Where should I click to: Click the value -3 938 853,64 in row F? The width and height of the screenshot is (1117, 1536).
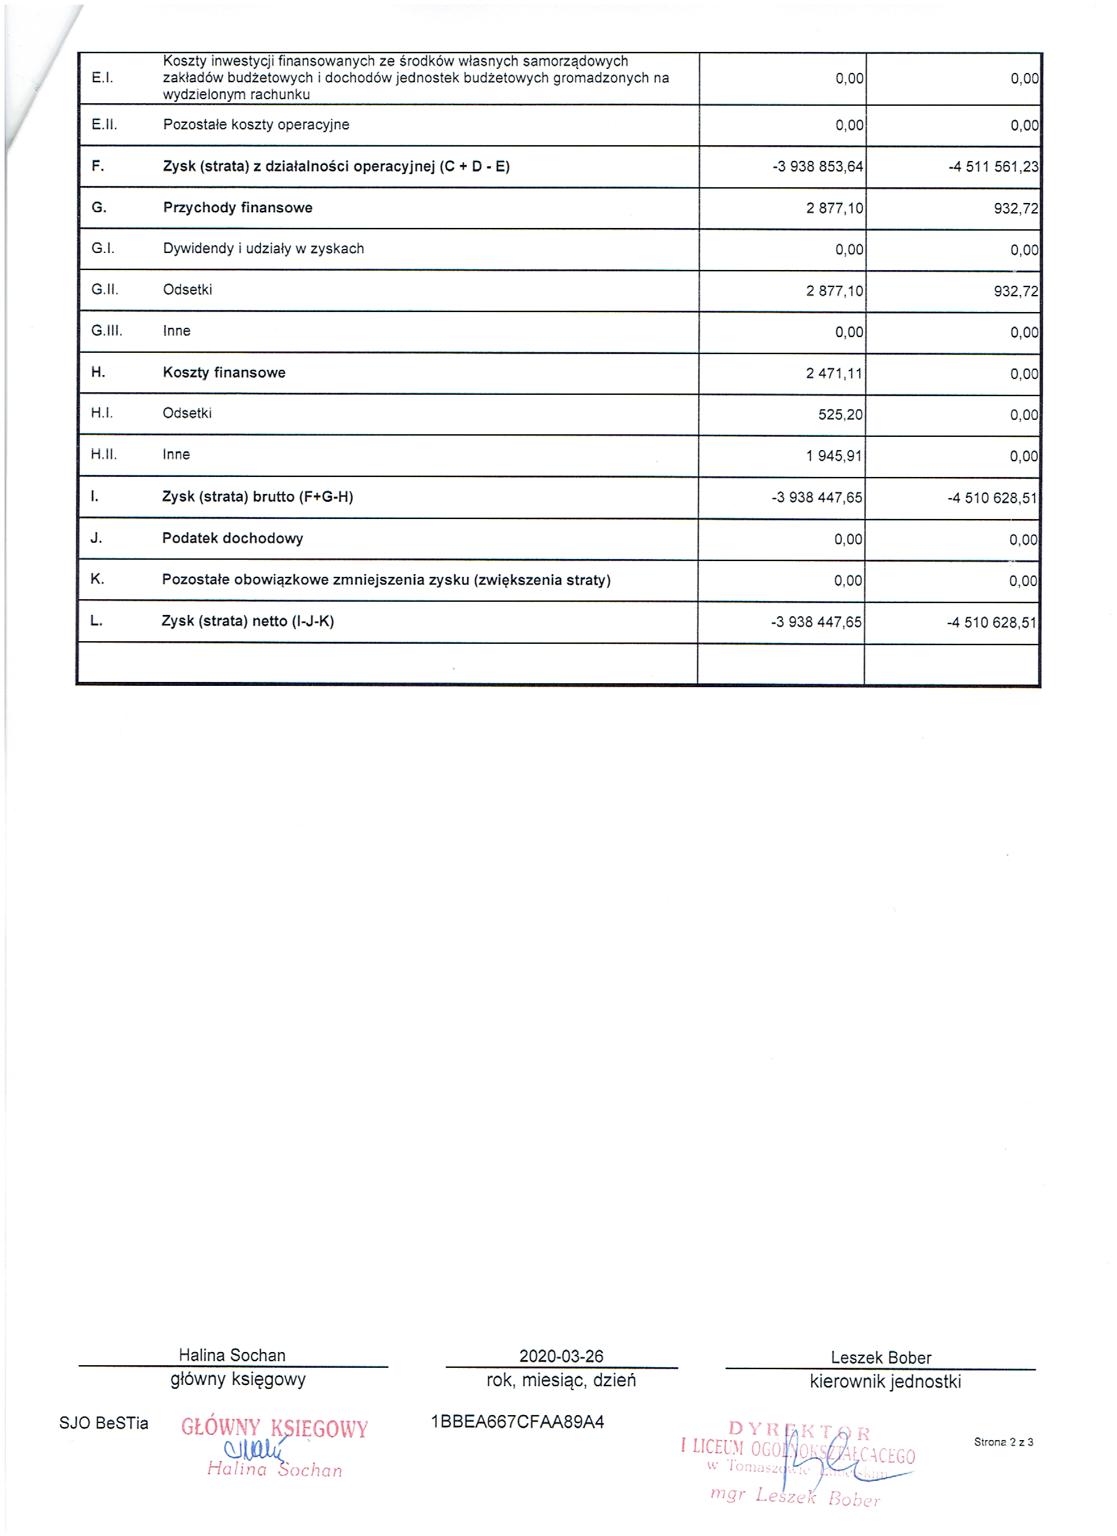817,167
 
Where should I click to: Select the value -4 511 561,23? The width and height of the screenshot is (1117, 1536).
993,167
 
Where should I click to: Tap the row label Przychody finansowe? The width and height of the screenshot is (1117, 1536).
237,208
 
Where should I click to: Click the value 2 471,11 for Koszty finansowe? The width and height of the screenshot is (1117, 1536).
834,373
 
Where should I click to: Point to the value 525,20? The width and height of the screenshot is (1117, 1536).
840,415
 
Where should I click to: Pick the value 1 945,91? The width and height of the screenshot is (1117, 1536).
834,456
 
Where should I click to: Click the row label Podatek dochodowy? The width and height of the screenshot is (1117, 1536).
233,539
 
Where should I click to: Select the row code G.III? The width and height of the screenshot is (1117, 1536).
107,331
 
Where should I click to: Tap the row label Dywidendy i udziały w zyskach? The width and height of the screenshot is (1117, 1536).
263,248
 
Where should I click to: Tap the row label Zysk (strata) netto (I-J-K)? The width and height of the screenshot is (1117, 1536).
247,621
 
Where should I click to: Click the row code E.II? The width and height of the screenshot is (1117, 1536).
104,125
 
